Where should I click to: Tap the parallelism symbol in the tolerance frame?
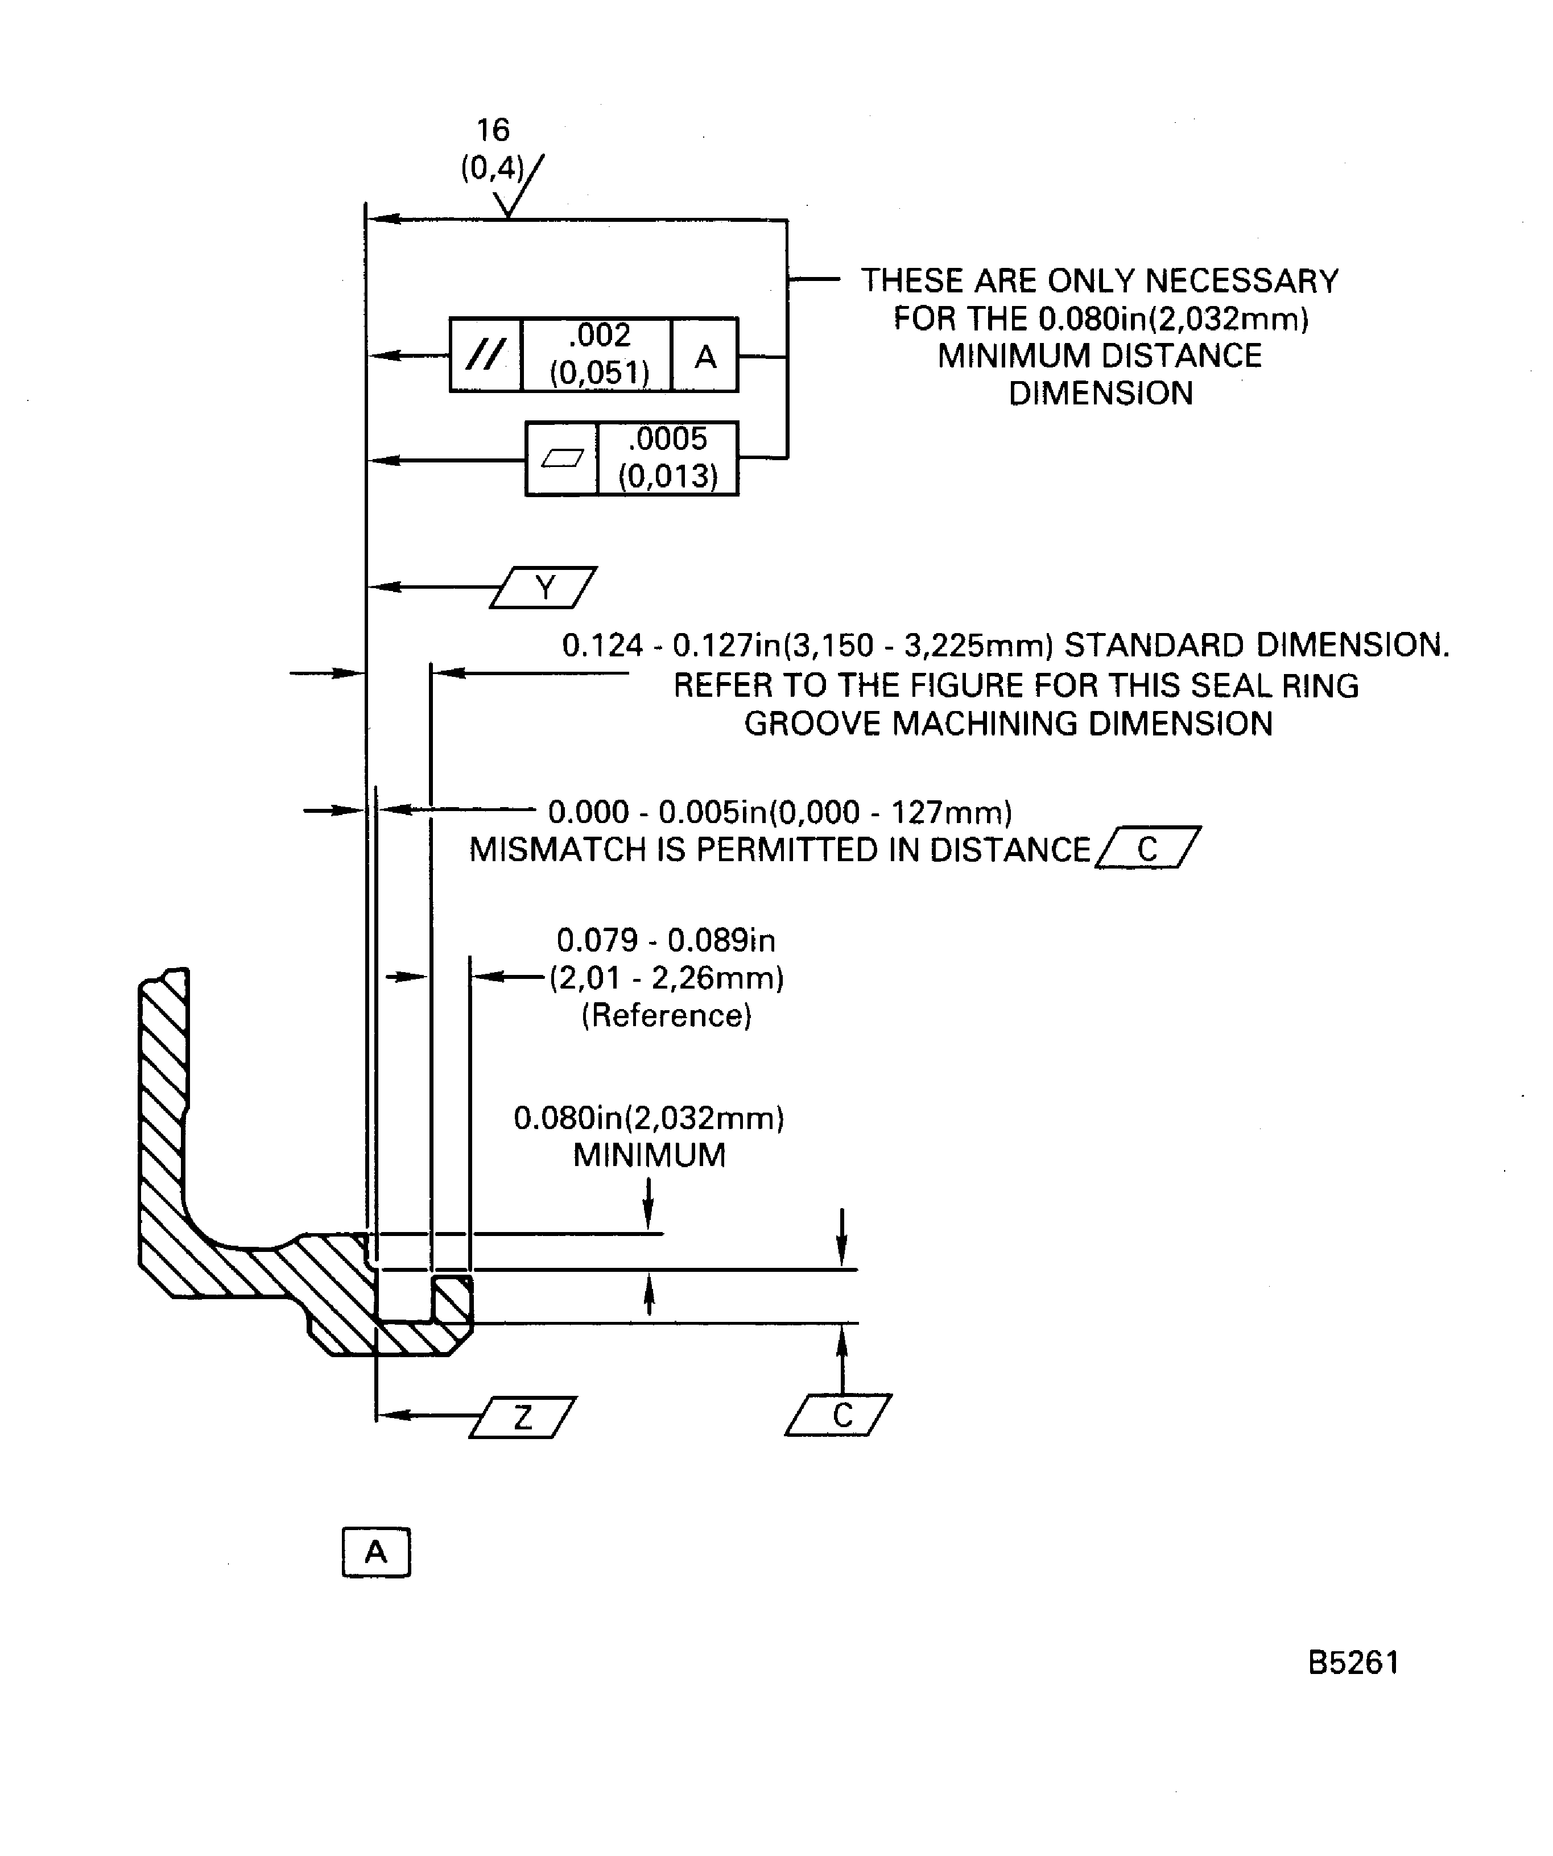tap(485, 356)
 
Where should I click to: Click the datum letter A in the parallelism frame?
tap(704, 356)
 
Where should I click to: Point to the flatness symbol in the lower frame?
tap(562, 458)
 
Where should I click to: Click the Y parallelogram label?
tap(544, 588)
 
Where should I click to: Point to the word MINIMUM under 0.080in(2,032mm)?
tap(649, 1155)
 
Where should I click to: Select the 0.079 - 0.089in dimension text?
tap(666, 940)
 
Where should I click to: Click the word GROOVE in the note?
tap(812, 724)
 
